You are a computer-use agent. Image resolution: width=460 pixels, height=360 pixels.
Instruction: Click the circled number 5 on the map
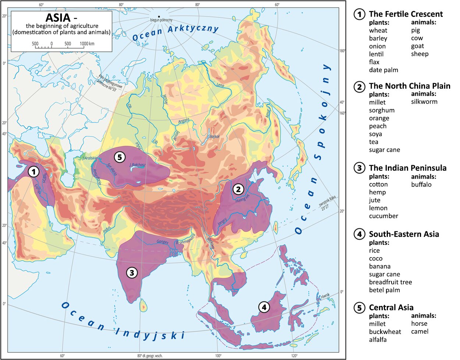click(x=119, y=157)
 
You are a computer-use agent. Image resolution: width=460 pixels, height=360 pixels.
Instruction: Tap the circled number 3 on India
click(x=132, y=272)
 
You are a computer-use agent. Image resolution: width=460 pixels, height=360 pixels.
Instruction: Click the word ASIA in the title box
click(x=57, y=18)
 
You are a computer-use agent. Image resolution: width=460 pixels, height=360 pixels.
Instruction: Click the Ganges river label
click(x=162, y=242)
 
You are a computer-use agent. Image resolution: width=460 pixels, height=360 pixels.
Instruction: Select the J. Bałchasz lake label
click(x=138, y=165)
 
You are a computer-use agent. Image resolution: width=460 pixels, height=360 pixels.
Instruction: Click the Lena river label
click(x=220, y=85)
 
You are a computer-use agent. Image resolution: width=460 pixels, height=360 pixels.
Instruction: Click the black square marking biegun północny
click(x=159, y=17)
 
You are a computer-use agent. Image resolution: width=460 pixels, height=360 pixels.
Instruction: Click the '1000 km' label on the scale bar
click(x=87, y=44)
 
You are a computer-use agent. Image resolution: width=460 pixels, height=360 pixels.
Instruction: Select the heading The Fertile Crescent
click(x=406, y=14)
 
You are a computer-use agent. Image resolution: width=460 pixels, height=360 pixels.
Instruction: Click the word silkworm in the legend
click(x=424, y=102)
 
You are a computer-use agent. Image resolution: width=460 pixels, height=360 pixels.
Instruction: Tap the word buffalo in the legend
click(x=421, y=185)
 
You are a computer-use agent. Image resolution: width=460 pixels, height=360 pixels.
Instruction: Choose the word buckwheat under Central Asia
click(x=385, y=332)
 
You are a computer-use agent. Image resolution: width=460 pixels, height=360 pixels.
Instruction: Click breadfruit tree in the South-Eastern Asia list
click(x=390, y=282)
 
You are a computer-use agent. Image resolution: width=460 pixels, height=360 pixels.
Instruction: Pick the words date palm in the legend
click(x=383, y=70)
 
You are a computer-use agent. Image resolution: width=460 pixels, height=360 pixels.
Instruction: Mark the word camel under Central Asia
click(x=420, y=331)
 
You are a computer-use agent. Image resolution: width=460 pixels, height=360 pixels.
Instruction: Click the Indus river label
click(x=107, y=229)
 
